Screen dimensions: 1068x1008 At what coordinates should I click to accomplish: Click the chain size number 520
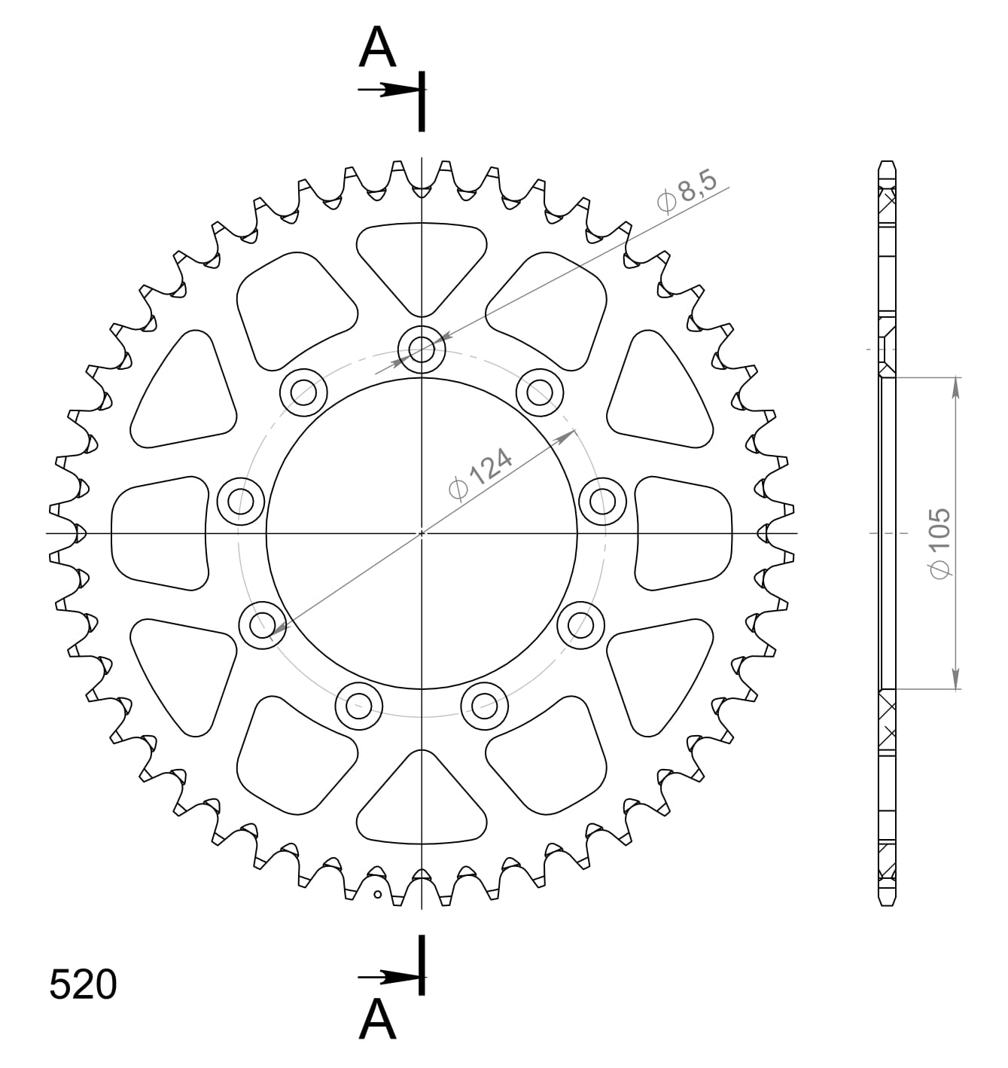click(x=83, y=984)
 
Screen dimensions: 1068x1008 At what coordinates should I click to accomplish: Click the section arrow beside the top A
click(x=388, y=90)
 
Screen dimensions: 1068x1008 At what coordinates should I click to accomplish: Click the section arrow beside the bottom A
click(x=388, y=978)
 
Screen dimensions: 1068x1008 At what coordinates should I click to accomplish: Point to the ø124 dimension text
click(x=480, y=474)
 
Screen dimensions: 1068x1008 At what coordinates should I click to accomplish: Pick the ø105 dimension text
click(x=940, y=544)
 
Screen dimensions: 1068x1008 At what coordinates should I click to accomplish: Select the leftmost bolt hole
click(x=241, y=501)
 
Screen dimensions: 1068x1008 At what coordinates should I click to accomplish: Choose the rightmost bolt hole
click(x=602, y=501)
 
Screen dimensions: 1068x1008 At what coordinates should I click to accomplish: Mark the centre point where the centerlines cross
click(x=422, y=533)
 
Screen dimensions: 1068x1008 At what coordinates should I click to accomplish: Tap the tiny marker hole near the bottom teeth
click(x=378, y=895)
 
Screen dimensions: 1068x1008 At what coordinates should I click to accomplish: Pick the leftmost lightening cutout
click(x=159, y=533)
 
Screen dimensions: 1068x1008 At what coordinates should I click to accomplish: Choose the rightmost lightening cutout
click(x=684, y=533)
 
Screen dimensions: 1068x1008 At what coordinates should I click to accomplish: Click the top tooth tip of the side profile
click(x=888, y=163)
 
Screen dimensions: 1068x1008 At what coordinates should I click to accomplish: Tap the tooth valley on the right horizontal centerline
click(x=762, y=533)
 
